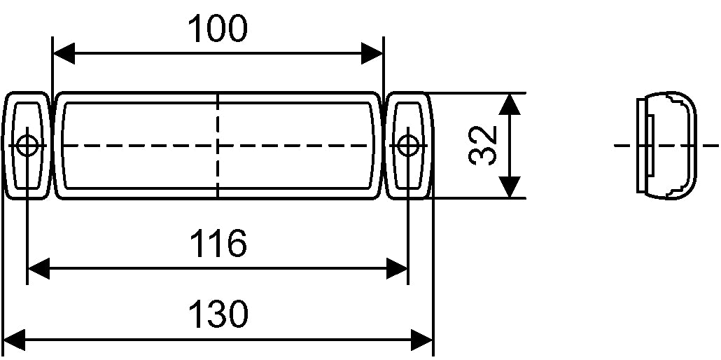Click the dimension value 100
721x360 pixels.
point(218,29)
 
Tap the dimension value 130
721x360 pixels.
point(218,316)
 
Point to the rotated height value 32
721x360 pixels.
point(482,146)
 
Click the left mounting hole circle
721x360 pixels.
point(27,146)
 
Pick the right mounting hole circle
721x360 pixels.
point(407,146)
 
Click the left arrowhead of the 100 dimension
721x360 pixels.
point(64,53)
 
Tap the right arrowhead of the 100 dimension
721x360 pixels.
point(373,53)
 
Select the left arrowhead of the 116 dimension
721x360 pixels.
point(38,268)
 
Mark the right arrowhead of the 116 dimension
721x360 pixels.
point(397,268)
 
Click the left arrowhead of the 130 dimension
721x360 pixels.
point(14,341)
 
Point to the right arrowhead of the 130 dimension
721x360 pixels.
point(422,341)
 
